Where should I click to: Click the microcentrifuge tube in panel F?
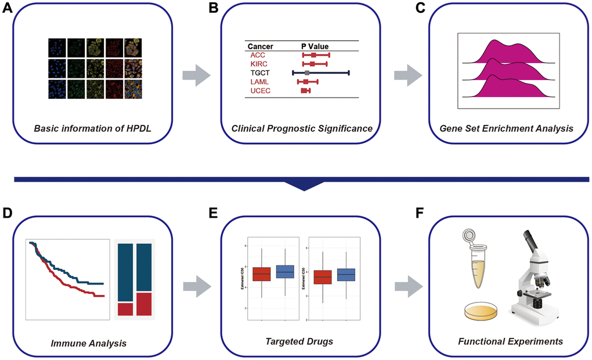click(474, 262)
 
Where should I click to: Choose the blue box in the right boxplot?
click(346, 275)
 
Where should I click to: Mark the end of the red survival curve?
click(103, 296)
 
